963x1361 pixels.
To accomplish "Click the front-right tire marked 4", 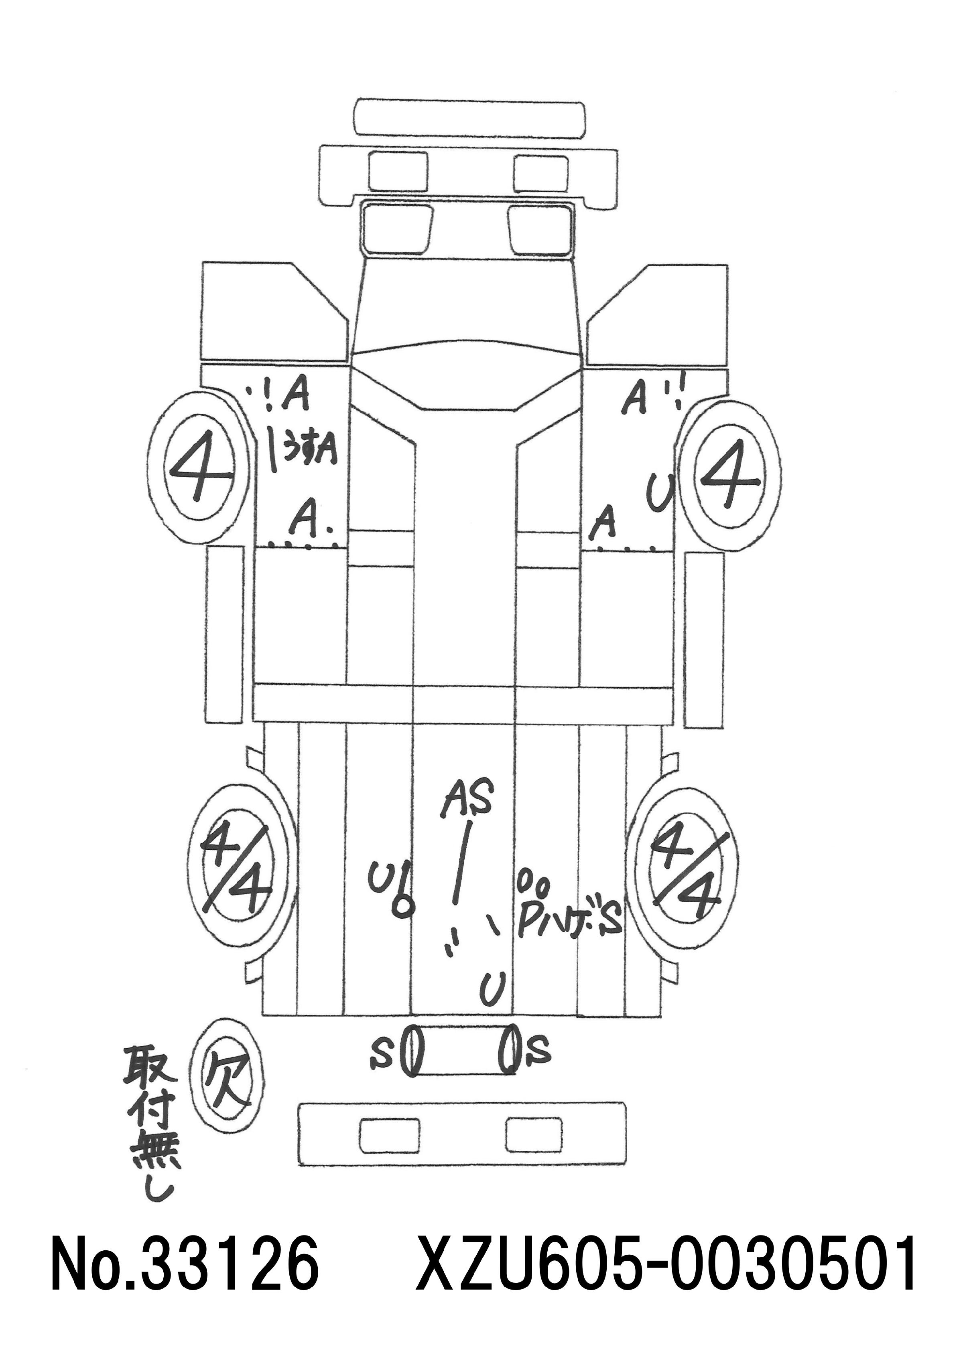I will click(730, 474).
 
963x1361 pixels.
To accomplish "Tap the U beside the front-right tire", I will click(659, 491).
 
